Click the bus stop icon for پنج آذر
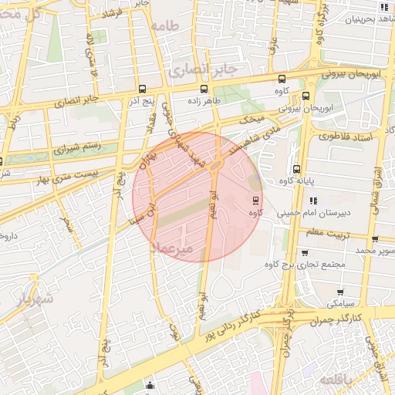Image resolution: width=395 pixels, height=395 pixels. click(x=142, y=89)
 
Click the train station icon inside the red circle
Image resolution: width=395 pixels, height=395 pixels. click(x=255, y=201)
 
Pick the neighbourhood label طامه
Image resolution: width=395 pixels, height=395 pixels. click(x=165, y=26)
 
